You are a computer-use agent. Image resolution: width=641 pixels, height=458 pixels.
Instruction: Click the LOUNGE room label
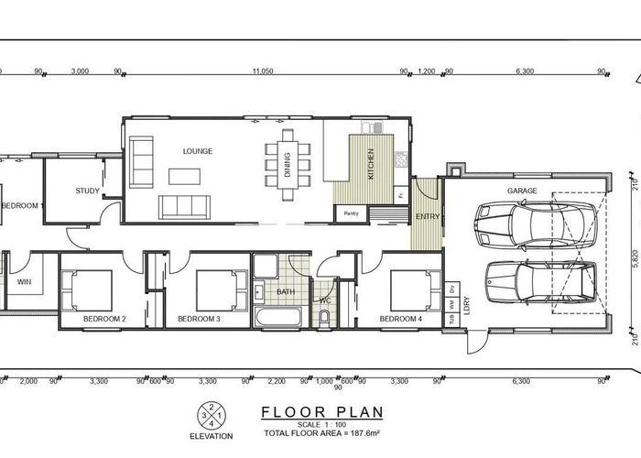coord(198,151)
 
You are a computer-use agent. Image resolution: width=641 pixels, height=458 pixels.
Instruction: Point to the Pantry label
coord(351,214)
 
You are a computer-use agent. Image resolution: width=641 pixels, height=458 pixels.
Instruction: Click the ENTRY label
coord(427,216)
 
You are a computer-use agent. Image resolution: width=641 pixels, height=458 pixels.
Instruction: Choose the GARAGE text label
coord(522,191)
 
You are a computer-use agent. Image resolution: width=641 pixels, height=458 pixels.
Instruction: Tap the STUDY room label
coord(88,191)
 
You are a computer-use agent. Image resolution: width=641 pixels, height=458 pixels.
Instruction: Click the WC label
coord(323,299)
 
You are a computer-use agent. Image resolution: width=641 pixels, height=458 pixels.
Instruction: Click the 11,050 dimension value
coord(263,71)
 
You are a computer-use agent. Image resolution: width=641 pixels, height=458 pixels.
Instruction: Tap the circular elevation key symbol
coord(212,416)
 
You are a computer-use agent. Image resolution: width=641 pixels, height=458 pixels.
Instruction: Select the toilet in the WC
coord(324,317)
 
